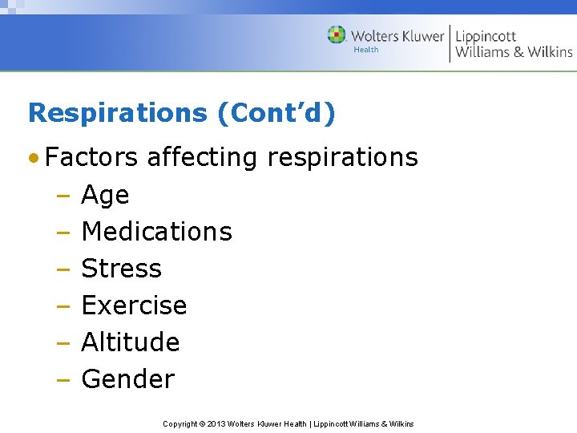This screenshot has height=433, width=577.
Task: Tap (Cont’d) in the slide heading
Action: (276, 113)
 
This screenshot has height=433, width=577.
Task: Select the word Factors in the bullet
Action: (91, 157)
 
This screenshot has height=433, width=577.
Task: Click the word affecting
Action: (203, 157)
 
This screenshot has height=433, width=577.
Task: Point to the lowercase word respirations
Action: (343, 157)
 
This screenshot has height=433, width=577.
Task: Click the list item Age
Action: (105, 196)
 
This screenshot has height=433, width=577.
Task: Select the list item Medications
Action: (157, 232)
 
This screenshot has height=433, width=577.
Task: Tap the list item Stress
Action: (122, 269)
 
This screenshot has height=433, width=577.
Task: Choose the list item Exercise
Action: (134, 306)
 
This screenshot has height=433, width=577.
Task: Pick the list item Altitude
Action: (131, 342)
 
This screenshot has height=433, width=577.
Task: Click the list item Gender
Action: (128, 379)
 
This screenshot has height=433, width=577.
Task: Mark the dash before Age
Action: (64, 196)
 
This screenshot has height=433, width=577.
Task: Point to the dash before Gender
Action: (64, 379)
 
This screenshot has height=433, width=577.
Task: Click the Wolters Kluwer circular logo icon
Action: (337, 35)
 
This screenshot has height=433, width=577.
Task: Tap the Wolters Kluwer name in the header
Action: (397, 36)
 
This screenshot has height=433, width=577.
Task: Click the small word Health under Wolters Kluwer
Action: (366, 51)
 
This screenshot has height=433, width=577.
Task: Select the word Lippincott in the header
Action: (486, 36)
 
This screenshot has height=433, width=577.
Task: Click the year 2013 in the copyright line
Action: (219, 423)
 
